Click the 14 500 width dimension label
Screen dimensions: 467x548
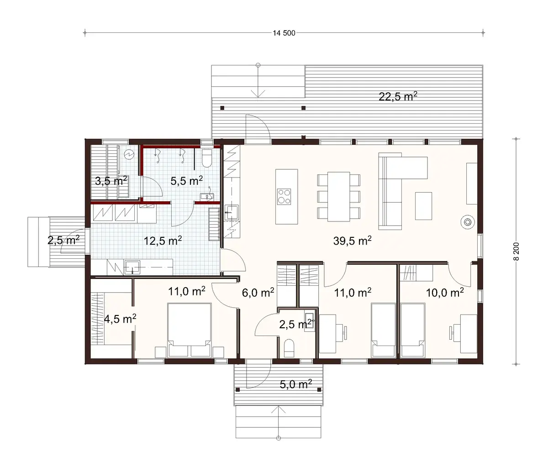click(284, 33)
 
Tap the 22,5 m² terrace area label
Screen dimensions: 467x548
click(399, 96)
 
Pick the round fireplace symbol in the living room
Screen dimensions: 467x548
click(468, 222)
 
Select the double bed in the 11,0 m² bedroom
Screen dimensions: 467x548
click(189, 331)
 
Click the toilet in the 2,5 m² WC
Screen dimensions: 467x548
click(289, 348)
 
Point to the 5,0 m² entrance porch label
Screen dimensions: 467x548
click(295, 384)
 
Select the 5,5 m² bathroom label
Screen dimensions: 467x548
click(187, 181)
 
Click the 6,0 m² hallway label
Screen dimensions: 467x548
click(258, 293)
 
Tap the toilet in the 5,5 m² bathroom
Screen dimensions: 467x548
click(206, 158)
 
